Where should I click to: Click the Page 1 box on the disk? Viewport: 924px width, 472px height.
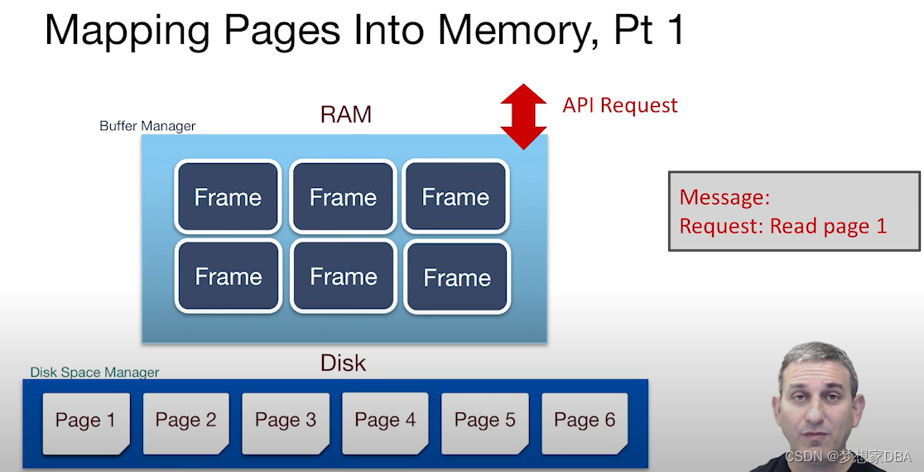click(x=85, y=422)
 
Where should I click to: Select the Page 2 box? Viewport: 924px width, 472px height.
click(x=185, y=422)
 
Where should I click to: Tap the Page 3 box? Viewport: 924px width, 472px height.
click(x=286, y=422)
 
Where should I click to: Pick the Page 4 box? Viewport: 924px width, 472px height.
click(x=385, y=422)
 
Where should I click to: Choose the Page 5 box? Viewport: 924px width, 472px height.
click(x=485, y=422)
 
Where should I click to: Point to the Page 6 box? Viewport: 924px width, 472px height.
click(x=585, y=422)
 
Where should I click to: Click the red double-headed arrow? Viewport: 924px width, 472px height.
click(x=523, y=116)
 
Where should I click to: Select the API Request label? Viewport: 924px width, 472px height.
click(x=620, y=105)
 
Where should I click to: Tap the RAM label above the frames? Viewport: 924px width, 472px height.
click(x=345, y=114)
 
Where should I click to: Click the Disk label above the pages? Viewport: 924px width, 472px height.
click(x=343, y=363)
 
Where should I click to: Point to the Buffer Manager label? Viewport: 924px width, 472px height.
click(x=147, y=126)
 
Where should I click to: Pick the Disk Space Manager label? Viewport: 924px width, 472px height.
click(x=94, y=373)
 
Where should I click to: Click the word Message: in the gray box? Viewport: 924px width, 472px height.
click(x=724, y=197)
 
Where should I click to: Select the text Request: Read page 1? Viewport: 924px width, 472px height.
click(x=782, y=226)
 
